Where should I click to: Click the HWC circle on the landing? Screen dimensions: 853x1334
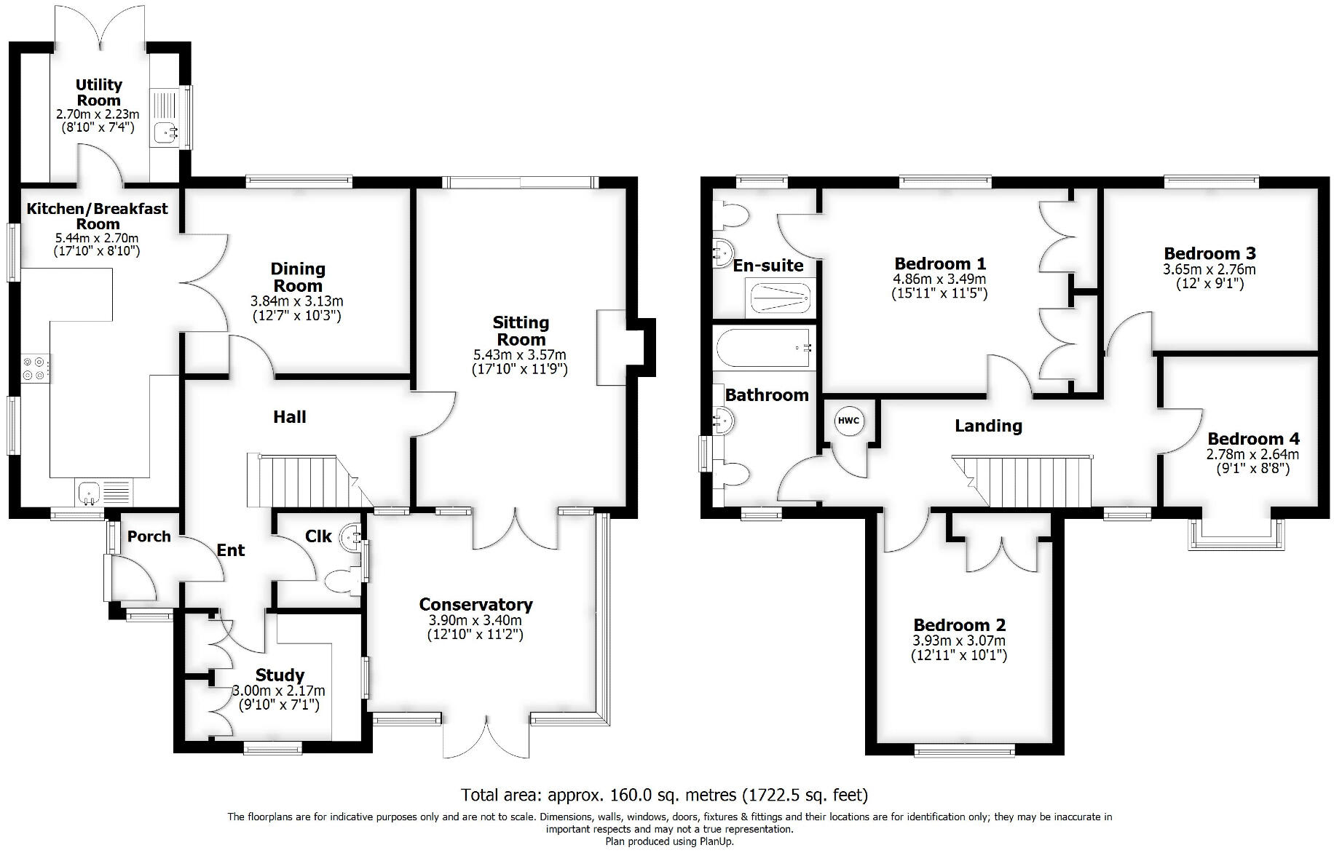[x=848, y=421]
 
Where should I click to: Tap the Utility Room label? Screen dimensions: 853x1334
[x=99, y=92]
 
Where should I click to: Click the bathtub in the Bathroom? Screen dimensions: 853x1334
[x=764, y=349]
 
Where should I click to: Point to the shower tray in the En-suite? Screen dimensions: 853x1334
[x=780, y=298]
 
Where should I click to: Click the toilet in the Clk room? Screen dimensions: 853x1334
[x=342, y=582]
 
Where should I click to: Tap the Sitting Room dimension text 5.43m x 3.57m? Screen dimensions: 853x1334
[x=520, y=355]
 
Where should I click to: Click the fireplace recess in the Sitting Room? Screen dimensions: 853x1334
[x=612, y=347]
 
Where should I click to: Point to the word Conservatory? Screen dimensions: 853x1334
[x=475, y=605]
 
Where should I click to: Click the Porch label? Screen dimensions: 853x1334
[x=149, y=536]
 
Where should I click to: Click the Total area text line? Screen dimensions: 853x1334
[x=664, y=795]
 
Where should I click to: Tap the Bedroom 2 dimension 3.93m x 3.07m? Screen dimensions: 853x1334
[x=958, y=641]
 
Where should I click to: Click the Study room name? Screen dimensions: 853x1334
[x=280, y=675]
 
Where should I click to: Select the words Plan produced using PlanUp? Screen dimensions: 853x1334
[x=669, y=841]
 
